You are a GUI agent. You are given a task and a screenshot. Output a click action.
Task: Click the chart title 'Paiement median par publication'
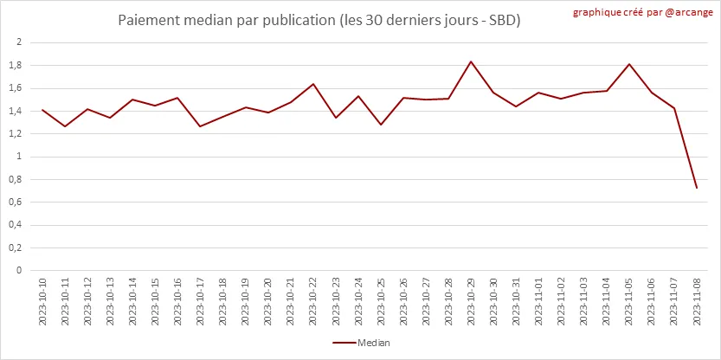[319, 19]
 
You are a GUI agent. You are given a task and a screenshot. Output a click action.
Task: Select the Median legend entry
[362, 343]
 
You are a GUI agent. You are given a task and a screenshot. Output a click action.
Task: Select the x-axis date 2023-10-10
[42, 302]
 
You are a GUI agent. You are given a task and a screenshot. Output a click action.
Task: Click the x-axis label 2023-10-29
[471, 302]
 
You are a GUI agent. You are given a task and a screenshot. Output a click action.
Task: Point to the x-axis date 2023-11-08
[696, 302]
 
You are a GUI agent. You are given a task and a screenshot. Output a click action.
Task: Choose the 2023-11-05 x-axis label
[628, 302]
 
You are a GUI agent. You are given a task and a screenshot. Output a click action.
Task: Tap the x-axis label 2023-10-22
[312, 302]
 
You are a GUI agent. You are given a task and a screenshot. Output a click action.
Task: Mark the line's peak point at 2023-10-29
[471, 61]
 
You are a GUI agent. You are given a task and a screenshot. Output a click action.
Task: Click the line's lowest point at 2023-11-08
[696, 188]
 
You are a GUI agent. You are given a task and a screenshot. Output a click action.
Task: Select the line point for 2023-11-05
[628, 64]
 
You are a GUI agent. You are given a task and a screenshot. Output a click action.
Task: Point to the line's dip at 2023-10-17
[200, 126]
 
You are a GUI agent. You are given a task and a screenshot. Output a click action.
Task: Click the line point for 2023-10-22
[312, 84]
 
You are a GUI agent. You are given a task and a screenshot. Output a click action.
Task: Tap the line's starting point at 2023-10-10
[42, 110]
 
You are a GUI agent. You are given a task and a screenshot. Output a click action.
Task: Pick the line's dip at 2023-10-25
[380, 125]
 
